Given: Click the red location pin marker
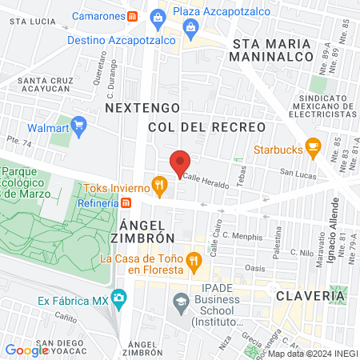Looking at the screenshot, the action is point(179,163).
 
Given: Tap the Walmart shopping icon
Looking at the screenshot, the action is point(78,125).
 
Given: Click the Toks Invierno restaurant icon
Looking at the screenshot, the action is point(159,188).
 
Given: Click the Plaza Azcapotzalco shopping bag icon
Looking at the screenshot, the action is point(158,16).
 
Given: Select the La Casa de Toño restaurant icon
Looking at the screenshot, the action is point(193,260).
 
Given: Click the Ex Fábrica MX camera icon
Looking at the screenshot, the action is point(118,300).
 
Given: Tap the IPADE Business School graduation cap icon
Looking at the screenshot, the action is point(180,301).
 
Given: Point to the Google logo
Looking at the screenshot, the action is point(27,350).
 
